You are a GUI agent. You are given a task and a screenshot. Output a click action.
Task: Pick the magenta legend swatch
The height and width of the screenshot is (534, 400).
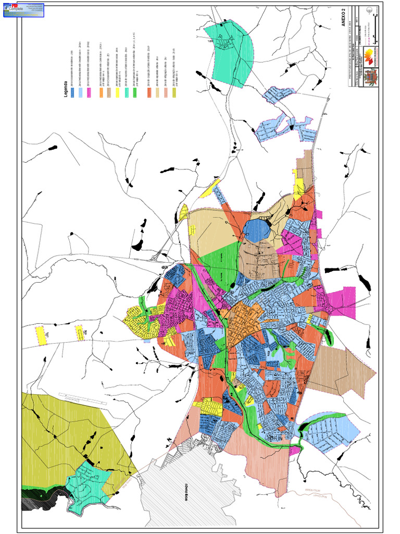click(89, 92)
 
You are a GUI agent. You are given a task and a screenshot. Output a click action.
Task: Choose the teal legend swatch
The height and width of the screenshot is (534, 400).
click(127, 92)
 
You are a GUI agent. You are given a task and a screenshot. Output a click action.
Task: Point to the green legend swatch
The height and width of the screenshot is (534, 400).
click(134, 92)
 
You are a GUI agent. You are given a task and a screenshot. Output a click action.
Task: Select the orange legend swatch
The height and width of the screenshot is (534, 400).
click(101, 92)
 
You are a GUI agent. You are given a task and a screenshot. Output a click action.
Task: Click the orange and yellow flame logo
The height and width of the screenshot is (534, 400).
click(369, 55)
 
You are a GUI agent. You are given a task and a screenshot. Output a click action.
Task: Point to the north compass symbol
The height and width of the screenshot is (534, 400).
click(370, 11)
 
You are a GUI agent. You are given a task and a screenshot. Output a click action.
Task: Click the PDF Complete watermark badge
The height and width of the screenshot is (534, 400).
click(23, 10)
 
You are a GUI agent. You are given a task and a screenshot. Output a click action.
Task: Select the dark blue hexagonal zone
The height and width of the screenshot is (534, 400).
click(256, 230)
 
